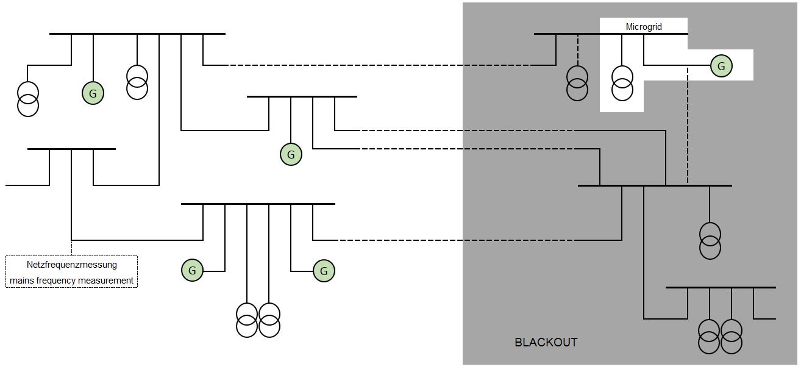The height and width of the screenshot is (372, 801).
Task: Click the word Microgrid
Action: tap(644, 27)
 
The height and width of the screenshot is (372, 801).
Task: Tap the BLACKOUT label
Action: tap(546, 342)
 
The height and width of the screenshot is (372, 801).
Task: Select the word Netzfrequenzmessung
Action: tap(72, 265)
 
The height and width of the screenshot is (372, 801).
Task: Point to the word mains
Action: tap(23, 281)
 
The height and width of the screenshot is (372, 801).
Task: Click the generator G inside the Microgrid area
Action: tap(721, 66)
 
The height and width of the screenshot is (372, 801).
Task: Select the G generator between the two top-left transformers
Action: tap(93, 94)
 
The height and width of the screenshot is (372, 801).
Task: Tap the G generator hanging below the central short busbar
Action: tap(291, 155)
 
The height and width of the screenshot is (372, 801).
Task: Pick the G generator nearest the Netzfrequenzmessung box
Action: tap(192, 270)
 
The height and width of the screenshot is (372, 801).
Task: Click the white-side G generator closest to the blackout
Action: tap(324, 271)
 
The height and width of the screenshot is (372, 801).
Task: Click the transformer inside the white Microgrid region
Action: tap(622, 83)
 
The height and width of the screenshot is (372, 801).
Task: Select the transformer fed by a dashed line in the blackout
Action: tap(577, 83)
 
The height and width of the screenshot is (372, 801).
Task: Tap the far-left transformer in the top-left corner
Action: tap(27, 99)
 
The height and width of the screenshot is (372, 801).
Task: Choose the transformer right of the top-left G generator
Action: tap(137, 82)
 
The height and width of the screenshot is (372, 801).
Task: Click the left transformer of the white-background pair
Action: tap(247, 320)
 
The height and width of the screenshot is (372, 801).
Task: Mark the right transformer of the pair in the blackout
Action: tap(732, 336)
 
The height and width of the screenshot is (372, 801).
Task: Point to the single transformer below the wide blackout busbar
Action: tap(710, 241)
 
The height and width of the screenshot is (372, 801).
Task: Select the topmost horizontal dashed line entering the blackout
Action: tap(378, 65)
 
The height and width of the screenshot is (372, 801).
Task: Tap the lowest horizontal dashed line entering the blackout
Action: tap(457, 240)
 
